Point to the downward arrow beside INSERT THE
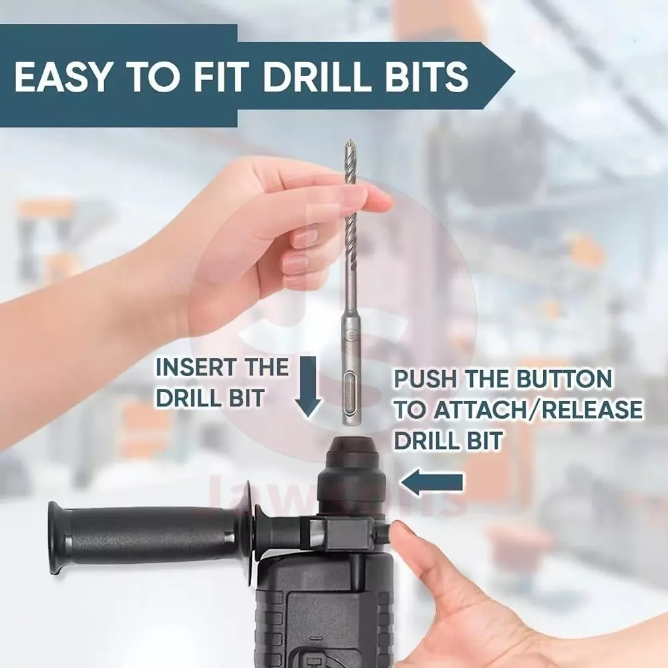tap(307, 387)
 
